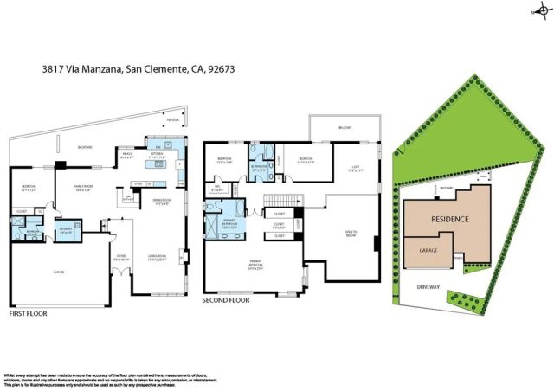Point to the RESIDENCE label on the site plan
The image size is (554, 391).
pos(450,220)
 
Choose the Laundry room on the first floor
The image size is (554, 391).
pos(66,230)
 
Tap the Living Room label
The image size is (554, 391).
pos(157,257)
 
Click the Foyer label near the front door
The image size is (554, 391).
pos(122,257)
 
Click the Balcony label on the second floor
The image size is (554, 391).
pos(345,128)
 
